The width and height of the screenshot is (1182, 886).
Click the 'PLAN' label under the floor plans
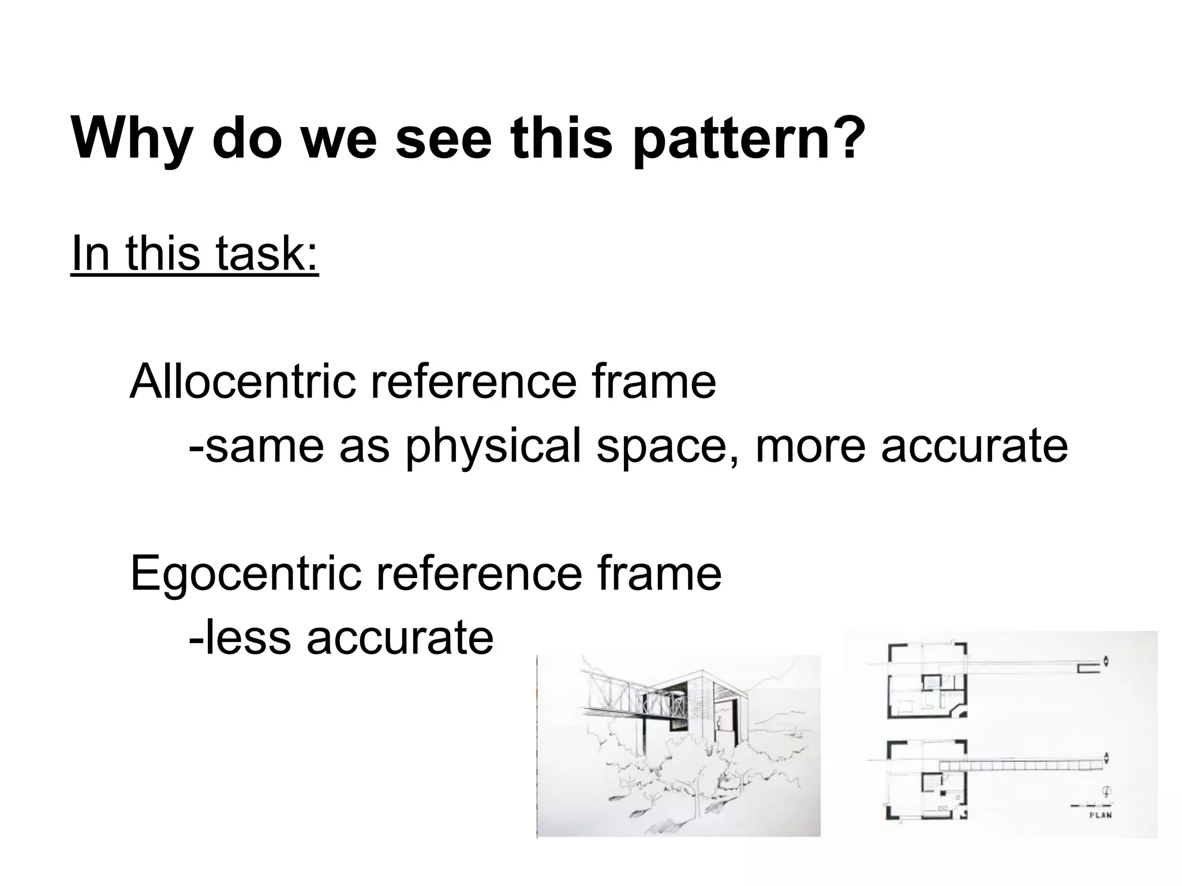[x=1100, y=815]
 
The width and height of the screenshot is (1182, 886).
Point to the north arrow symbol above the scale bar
[x=1108, y=791]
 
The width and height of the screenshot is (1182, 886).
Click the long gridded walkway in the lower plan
[x=1022, y=765]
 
